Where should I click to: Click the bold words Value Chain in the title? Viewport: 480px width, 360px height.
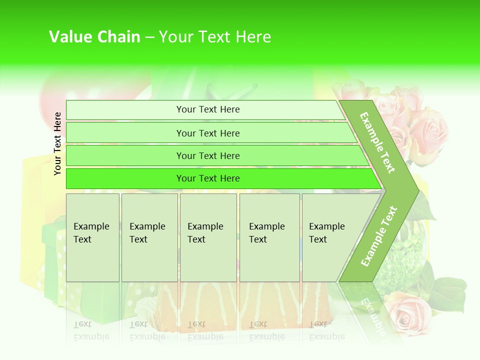point(94,37)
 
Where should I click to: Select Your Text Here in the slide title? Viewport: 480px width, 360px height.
point(215,37)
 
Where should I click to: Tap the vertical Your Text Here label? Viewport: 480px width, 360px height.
point(57,143)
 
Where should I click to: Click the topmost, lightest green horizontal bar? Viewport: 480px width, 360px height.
point(207,109)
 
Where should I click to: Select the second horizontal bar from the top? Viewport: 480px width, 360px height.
point(207,133)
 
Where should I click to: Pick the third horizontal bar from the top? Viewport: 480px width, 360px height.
point(207,155)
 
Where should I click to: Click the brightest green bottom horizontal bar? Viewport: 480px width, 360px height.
point(207,178)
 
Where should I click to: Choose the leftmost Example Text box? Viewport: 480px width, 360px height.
point(92,237)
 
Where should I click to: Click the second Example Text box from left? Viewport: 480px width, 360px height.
point(149,237)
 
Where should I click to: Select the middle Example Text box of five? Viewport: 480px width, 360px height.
point(208,237)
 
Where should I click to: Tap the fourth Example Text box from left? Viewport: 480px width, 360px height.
point(269,237)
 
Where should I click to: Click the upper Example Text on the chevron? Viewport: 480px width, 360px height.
point(377,142)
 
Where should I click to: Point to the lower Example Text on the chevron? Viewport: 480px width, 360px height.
point(379,236)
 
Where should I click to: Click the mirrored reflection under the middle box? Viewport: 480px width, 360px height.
point(208,310)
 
